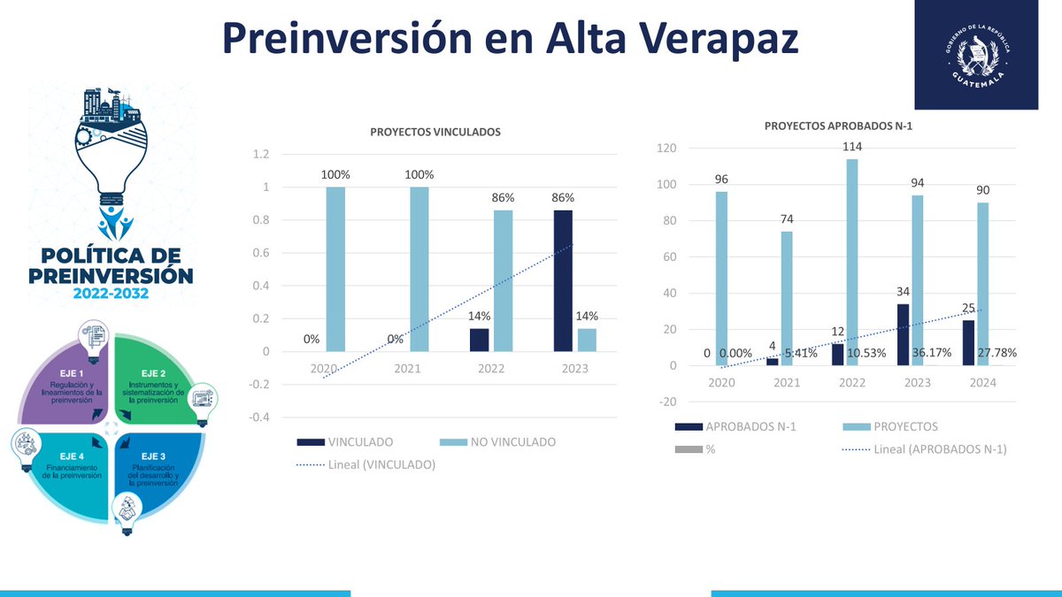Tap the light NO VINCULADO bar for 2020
tap(335, 269)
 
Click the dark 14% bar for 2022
tap(479, 340)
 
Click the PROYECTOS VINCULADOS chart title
tap(435, 132)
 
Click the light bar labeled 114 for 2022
tap(851, 262)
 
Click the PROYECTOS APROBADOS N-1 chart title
tap(837, 126)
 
